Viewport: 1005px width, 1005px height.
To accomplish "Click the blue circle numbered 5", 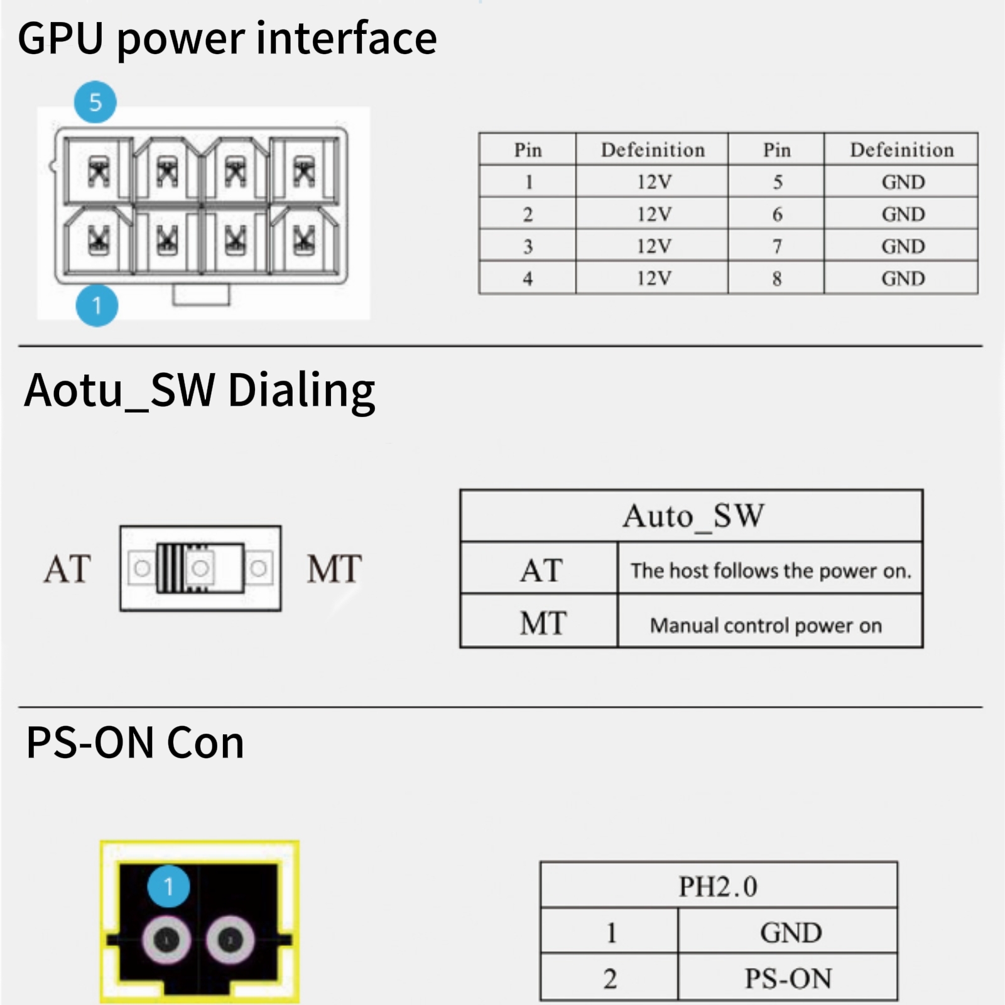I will click(95, 102).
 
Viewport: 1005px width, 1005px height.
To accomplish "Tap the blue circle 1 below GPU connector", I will click(97, 305).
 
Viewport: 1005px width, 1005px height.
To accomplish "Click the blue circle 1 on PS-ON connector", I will click(168, 886).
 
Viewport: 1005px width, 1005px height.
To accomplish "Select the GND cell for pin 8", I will click(902, 278).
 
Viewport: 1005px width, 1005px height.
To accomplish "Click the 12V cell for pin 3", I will click(653, 246).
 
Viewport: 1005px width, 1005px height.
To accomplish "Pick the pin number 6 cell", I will click(777, 214).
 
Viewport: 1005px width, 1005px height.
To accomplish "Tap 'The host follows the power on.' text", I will click(770, 570).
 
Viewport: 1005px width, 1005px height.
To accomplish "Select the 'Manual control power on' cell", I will click(766, 626).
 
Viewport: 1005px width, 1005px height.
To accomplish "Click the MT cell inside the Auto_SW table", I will click(541, 623).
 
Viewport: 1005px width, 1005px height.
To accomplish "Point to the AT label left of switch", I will click(67, 569).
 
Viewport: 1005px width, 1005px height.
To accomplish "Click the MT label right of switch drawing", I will click(334, 569).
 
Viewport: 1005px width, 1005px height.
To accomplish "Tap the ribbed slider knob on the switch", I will click(171, 568).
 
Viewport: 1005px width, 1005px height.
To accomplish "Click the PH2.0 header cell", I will click(718, 886).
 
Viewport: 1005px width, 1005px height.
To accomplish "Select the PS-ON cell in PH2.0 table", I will click(788, 978).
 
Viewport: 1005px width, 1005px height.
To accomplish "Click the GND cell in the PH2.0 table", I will click(790, 932).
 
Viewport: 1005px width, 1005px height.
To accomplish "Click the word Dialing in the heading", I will click(301, 391).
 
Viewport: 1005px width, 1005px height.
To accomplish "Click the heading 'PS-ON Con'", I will click(135, 743).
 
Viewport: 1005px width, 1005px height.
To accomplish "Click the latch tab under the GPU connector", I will click(201, 295).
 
